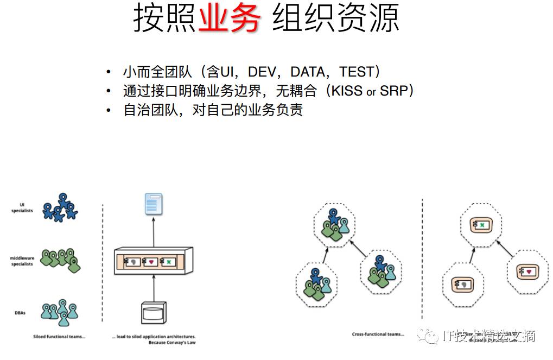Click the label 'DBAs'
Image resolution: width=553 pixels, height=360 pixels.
20,312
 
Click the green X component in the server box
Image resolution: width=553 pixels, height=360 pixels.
168,262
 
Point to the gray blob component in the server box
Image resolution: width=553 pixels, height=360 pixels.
132,262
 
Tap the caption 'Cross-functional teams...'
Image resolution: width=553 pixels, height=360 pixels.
378,334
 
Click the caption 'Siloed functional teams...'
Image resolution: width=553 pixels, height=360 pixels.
59,337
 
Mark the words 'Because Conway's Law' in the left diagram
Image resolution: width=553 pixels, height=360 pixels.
171,343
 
